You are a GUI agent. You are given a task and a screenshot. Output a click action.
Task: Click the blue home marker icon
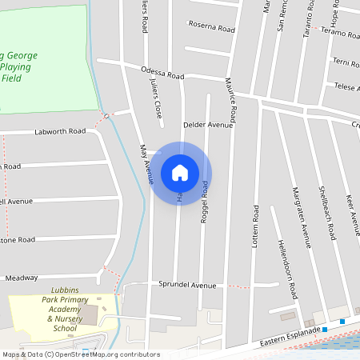click(180, 172)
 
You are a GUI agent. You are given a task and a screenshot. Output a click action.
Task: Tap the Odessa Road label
click(162, 74)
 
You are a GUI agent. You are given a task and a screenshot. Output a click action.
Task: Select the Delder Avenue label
click(208, 125)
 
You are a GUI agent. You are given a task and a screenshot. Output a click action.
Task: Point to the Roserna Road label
click(211, 26)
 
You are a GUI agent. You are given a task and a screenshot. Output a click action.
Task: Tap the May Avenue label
click(146, 165)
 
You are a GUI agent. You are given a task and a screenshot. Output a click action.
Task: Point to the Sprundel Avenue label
click(187, 285)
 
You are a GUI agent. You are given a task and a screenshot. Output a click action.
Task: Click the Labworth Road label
click(60, 131)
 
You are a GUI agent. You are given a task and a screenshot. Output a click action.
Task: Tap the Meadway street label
click(22, 278)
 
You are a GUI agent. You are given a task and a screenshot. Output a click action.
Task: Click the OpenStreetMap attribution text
click(81, 354)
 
